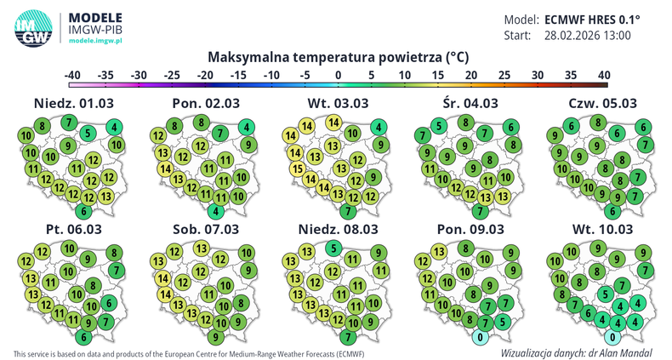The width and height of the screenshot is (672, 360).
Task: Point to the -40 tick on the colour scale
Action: (x=73, y=75)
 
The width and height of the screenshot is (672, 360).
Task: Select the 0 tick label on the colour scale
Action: (x=339, y=75)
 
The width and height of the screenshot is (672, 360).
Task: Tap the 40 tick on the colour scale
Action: (x=604, y=75)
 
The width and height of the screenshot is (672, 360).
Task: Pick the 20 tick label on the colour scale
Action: (x=471, y=75)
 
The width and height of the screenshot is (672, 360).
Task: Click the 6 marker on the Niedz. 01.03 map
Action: (x=83, y=211)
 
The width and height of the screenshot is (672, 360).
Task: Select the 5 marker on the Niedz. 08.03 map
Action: (x=328, y=248)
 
